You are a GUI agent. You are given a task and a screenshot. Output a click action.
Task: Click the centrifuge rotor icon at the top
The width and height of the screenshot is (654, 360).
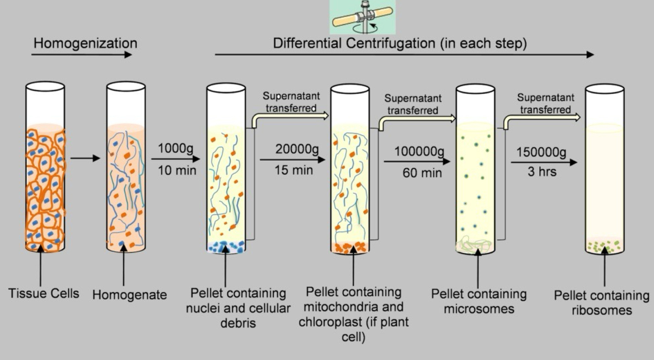coord(363,17)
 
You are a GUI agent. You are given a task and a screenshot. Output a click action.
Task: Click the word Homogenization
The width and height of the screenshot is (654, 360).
coord(85,43)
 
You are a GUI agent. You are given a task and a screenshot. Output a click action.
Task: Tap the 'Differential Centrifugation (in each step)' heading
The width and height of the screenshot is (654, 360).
coord(400,43)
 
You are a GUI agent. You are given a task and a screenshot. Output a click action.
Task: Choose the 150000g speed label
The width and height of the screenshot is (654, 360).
coord(542,152)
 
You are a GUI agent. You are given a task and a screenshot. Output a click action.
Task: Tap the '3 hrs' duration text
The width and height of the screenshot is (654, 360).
coord(542,172)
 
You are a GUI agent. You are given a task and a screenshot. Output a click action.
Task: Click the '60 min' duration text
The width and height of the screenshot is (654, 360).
coord(422,173)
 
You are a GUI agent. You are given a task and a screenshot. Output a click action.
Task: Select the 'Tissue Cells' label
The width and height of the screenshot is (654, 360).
coord(44,294)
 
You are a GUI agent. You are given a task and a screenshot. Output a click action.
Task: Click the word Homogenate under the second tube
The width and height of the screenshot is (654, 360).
coord(129,295)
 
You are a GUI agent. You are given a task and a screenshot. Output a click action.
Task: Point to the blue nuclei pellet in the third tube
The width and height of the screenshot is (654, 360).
coord(226,247)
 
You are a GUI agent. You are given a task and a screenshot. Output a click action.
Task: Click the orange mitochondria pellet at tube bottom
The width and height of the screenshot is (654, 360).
coord(350,248)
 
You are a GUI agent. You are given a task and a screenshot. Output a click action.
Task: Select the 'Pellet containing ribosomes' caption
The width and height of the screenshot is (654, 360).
coord(602,303)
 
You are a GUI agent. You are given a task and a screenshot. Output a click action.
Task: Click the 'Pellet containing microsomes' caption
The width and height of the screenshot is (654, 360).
coord(479,301)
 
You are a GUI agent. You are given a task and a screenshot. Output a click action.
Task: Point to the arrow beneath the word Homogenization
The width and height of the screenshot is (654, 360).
coord(81,54)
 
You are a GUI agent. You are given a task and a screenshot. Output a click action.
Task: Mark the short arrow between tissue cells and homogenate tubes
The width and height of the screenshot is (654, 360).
coord(85,158)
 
